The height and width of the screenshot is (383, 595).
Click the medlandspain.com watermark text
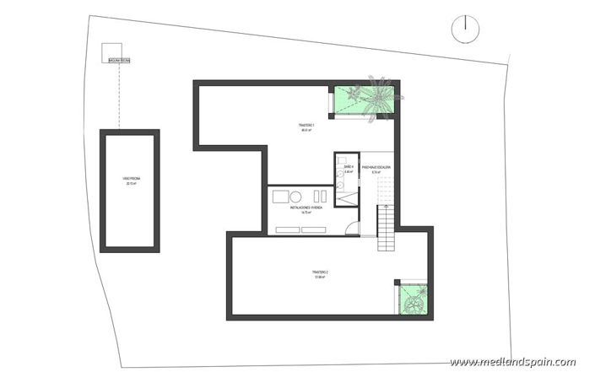point(512,362)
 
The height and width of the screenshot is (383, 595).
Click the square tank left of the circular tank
point(279,196)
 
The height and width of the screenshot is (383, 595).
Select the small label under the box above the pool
point(119,60)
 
